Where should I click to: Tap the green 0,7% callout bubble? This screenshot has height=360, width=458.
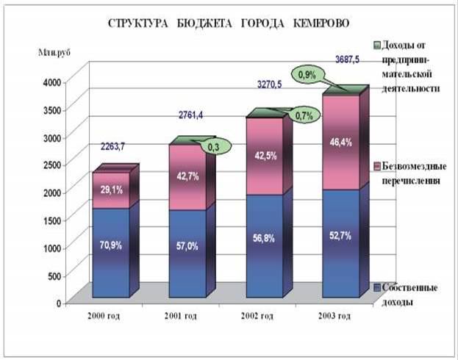point(304,115)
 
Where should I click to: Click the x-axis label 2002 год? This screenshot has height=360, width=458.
point(257,316)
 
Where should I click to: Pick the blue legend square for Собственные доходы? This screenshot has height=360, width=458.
point(377,288)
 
